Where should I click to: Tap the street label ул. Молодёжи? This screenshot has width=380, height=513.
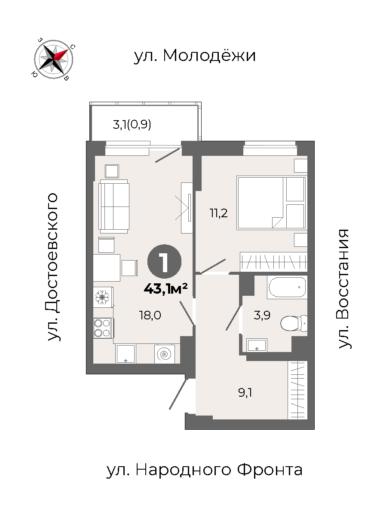[195, 55]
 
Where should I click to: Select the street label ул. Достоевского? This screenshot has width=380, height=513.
[52, 267]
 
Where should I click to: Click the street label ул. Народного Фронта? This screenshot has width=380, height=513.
[205, 471]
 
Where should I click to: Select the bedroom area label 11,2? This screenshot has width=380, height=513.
[218, 213]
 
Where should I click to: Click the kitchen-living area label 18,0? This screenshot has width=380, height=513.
[150, 316]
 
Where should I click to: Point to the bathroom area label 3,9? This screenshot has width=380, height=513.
[262, 316]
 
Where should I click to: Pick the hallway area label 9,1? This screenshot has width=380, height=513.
[245, 393]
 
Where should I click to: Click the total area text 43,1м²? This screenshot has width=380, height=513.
[166, 288]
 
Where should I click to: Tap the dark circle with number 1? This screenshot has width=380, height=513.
[165, 261]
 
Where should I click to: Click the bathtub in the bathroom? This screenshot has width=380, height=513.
[287, 287]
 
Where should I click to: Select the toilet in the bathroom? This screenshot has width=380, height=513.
[294, 323]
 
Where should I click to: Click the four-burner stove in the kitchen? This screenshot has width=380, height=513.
[103, 328]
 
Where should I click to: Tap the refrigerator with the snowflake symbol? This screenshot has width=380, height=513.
[103, 297]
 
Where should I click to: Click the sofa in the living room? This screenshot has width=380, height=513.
[113, 206]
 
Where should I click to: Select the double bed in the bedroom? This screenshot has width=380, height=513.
[272, 203]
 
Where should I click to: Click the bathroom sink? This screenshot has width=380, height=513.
[257, 345]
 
